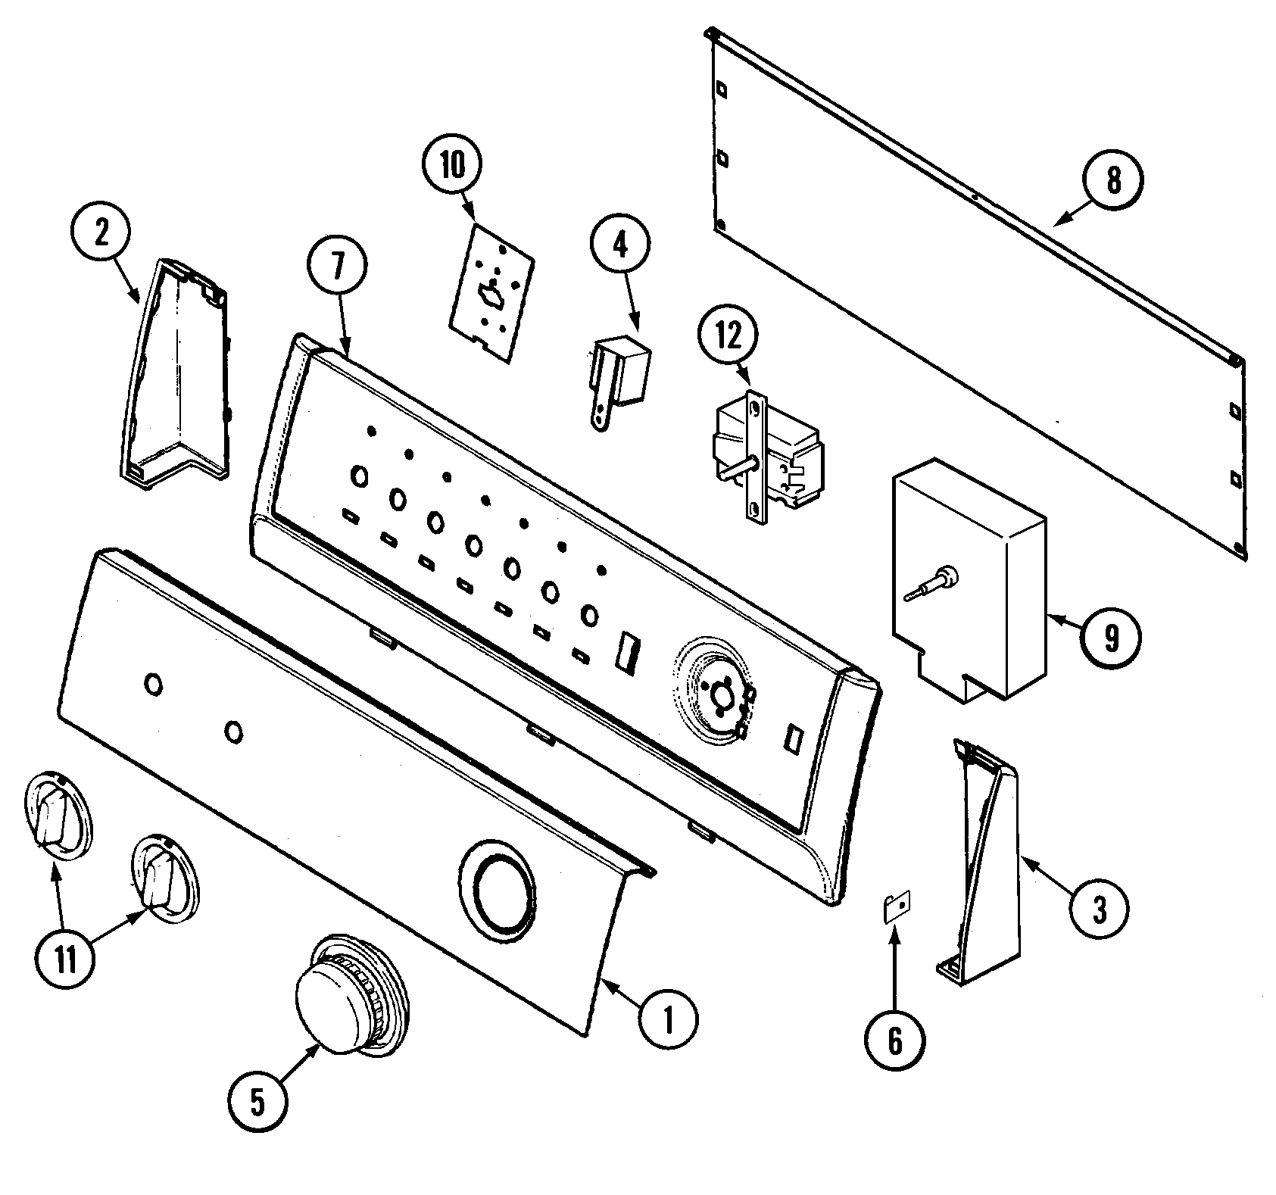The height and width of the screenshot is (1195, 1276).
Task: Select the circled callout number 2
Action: point(100,233)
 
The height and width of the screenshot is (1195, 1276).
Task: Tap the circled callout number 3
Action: point(1099,909)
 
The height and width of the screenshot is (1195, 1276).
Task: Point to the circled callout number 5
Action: point(257,1103)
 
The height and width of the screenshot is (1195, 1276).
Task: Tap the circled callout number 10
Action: point(452,167)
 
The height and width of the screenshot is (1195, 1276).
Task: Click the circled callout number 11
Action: point(65,961)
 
